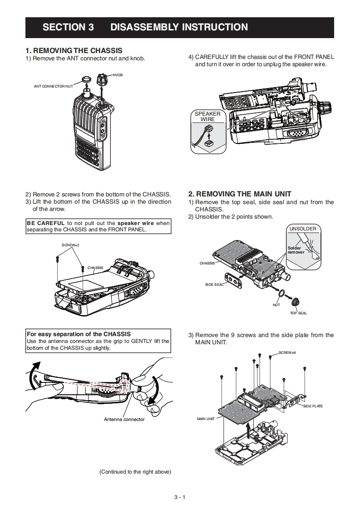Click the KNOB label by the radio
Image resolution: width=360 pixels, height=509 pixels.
117,74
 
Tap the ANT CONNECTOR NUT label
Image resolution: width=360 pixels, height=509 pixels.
53,86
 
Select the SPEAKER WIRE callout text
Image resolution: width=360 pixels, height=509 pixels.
207,116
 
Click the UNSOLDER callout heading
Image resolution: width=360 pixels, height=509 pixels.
303,229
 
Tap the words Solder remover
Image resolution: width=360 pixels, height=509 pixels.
296,250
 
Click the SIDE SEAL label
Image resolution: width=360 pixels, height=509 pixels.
214,284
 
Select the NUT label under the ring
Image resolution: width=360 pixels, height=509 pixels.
276,305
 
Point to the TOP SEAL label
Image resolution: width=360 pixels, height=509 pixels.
298,313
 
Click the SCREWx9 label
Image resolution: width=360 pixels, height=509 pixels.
287,352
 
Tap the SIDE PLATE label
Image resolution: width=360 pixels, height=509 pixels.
313,406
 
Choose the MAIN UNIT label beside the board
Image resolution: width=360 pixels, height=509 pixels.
206,419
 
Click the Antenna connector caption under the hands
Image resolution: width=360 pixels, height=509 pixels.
124,419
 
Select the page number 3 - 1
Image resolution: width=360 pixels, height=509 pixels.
180,497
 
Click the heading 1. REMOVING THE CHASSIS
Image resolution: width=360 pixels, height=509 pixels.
74,50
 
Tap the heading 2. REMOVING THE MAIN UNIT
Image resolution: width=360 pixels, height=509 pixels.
240,194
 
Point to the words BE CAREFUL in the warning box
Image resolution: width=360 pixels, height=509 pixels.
45,223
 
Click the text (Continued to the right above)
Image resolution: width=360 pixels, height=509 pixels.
135,472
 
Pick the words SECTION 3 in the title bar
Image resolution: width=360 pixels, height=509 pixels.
68,27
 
